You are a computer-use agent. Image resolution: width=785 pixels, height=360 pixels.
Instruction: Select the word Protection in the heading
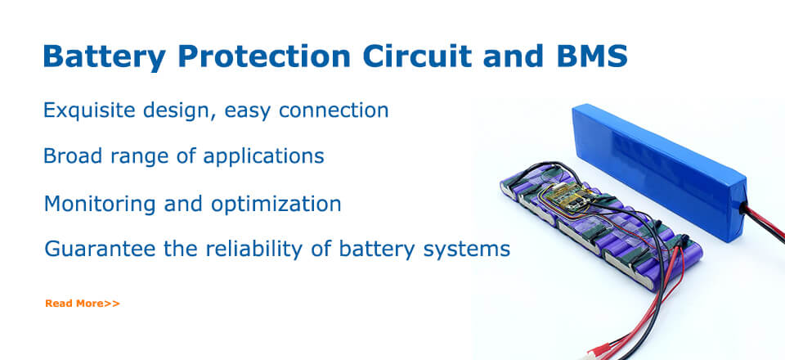264,56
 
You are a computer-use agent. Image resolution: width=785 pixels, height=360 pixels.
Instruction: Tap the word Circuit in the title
417,56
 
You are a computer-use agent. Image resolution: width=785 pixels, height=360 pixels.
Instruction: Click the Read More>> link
83,304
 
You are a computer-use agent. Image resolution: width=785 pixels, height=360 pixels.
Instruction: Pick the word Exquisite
88,110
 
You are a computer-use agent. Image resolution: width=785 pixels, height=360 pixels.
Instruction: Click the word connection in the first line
334,110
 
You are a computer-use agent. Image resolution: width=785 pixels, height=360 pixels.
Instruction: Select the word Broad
73,155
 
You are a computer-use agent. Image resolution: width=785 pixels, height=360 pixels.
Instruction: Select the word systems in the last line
467,250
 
